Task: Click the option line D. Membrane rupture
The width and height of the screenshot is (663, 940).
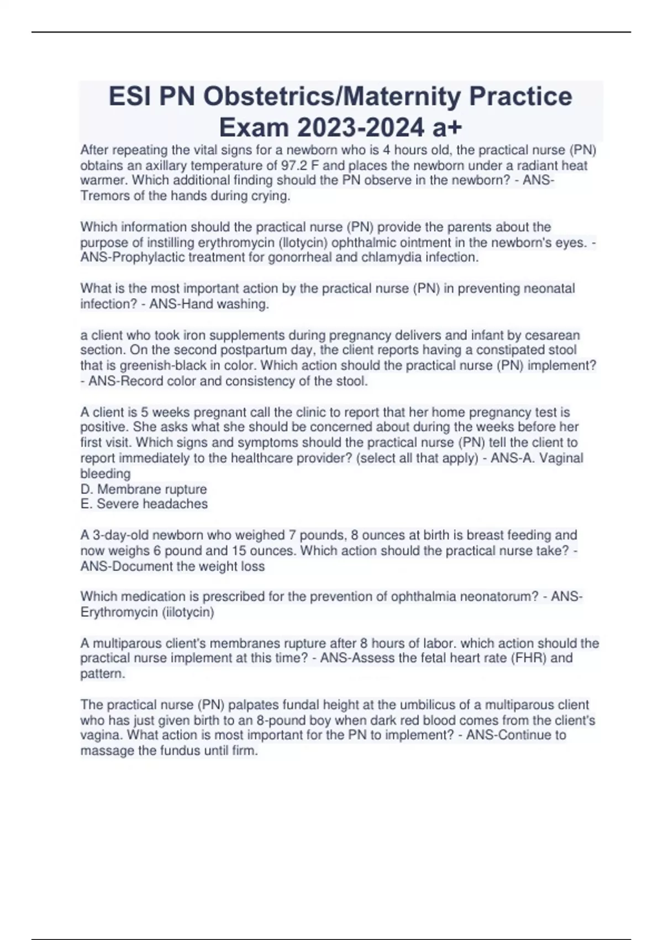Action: pos(144,489)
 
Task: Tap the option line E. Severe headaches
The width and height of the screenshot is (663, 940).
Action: pos(144,504)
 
